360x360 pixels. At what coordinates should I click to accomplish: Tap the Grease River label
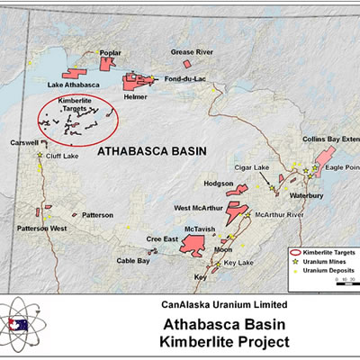pos(189,51)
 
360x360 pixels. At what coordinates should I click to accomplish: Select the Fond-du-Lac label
pos(184,79)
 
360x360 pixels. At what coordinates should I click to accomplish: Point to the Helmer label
pos(136,96)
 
